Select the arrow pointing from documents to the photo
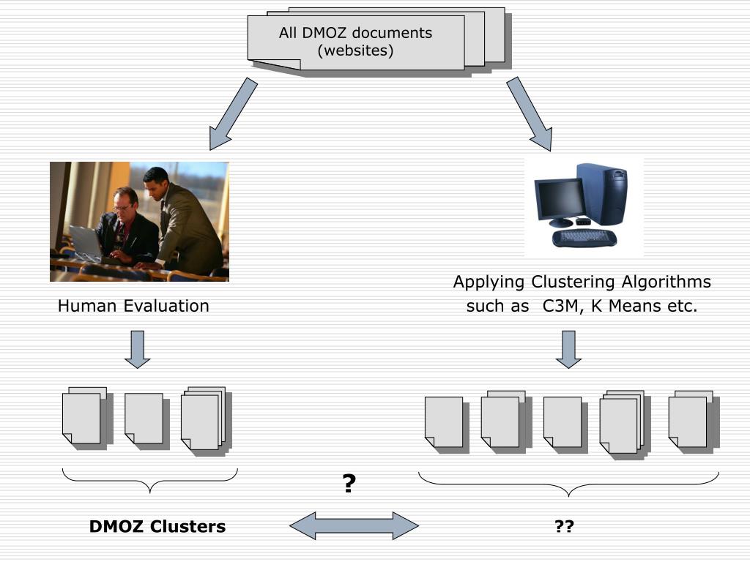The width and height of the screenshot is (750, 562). click(x=234, y=114)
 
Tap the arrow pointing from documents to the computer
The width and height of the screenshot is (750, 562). click(x=529, y=114)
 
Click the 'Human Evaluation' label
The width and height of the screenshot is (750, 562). click(x=133, y=306)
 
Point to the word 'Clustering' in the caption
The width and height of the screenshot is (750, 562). click(x=573, y=282)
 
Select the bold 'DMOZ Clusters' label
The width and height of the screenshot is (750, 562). click(x=157, y=526)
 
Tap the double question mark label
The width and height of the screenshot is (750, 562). click(x=565, y=526)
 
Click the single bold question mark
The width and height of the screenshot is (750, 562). click(x=349, y=483)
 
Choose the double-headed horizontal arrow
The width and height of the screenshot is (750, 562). click(x=354, y=525)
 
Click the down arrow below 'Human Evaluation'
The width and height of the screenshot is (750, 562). click(x=137, y=349)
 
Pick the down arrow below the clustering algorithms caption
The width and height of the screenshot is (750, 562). click(x=568, y=349)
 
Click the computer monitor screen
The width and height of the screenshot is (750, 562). click(x=560, y=199)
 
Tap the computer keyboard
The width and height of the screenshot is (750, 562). click(x=584, y=238)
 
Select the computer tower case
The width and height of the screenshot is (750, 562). click(x=602, y=193)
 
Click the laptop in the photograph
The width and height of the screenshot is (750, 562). click(x=86, y=241)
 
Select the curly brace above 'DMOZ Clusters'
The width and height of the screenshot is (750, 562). click(x=149, y=480)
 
